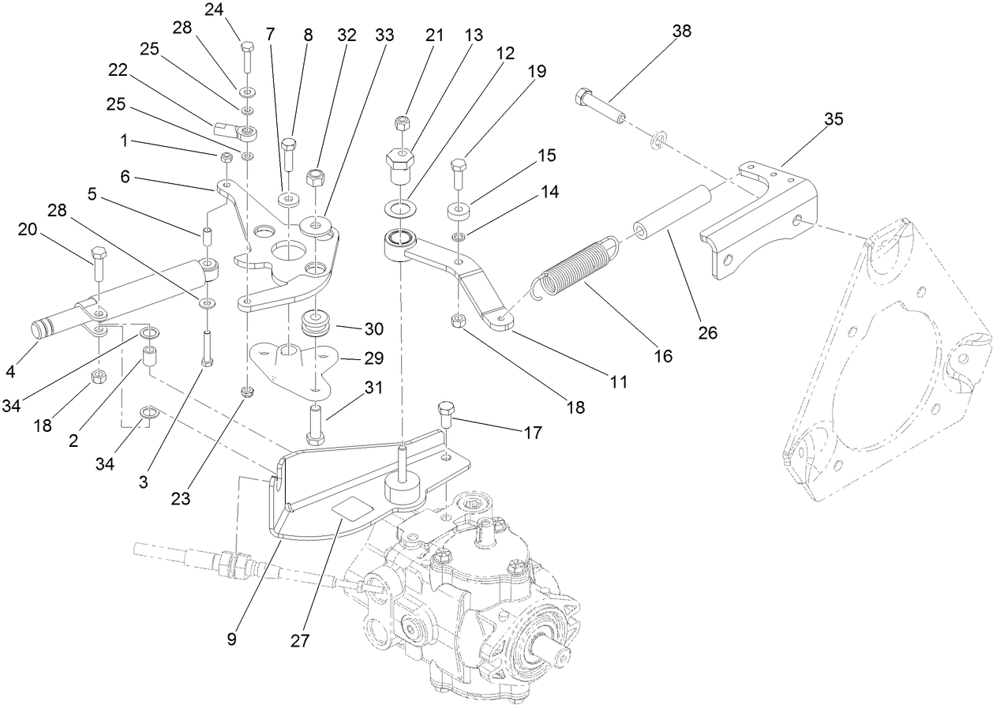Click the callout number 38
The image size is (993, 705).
coord(681,32)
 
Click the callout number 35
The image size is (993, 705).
coord(834,119)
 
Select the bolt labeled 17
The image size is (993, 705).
coord(444,413)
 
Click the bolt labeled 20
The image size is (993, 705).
coord(99,263)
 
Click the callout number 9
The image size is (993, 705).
coord(232,639)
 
